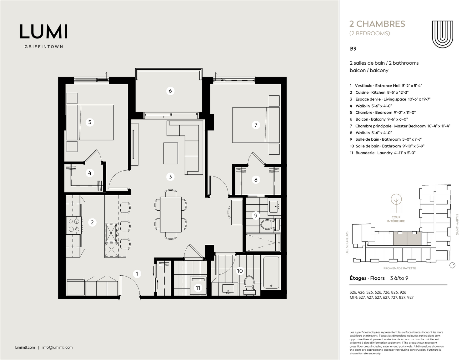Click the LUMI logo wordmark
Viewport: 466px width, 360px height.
click(x=44, y=32)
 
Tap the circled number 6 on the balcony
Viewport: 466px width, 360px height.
click(x=170, y=91)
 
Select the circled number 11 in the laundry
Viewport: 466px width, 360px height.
click(x=198, y=288)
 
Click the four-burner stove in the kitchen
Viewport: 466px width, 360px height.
click(x=74, y=225)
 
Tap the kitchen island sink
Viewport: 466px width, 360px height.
click(x=111, y=233)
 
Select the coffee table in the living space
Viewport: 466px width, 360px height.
click(x=170, y=153)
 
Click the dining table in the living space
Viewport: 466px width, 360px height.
click(x=171, y=214)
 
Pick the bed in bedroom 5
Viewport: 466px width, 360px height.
click(x=90, y=122)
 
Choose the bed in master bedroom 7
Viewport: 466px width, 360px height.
click(x=256, y=125)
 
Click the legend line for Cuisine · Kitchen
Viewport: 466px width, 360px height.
click(x=379, y=92)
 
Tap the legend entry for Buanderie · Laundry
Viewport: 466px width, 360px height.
click(x=383, y=153)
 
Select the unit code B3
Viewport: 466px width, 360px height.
click(x=353, y=49)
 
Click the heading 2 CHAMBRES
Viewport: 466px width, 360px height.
click(x=377, y=24)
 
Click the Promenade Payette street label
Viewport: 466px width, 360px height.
click(x=399, y=268)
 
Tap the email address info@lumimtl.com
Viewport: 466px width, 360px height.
click(x=58, y=347)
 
